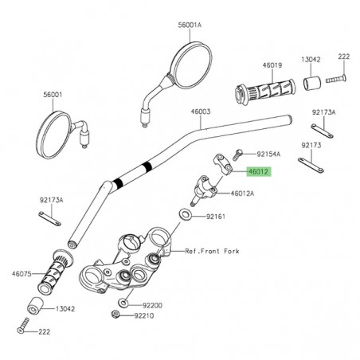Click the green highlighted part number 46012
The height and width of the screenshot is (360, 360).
tap(259, 171)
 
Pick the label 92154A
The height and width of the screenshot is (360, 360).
tap(270, 153)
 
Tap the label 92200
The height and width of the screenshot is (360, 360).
tap(151, 304)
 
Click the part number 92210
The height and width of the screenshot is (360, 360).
tap(146, 316)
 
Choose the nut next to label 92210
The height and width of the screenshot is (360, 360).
tap(118, 315)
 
